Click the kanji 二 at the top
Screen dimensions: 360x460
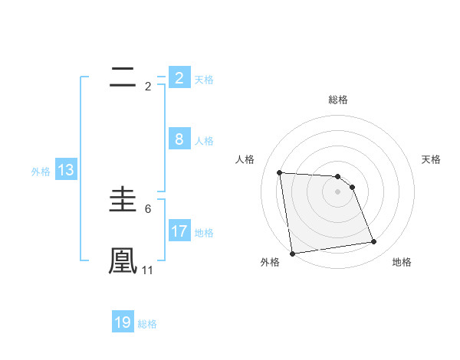point(123,77)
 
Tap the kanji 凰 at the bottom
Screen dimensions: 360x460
point(123,260)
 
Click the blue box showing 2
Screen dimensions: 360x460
point(179,77)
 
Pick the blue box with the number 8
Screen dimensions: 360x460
point(179,139)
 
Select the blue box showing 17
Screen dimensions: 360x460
point(179,231)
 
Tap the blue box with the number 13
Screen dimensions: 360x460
point(65,170)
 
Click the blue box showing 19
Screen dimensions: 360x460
point(123,322)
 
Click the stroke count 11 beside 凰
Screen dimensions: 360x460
point(148,270)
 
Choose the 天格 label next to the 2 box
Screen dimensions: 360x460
point(204,79)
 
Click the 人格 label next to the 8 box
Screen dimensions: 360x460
point(204,141)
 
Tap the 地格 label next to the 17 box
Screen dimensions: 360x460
point(204,232)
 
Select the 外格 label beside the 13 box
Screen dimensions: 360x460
point(41,172)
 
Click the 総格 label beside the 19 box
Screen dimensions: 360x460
point(147,324)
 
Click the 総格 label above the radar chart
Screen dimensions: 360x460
point(337,100)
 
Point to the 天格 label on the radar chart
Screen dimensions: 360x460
point(431,159)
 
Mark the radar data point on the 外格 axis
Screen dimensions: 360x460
point(292,254)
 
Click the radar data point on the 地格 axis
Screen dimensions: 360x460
point(374,242)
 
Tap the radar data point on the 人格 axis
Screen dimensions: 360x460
point(279,172)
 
